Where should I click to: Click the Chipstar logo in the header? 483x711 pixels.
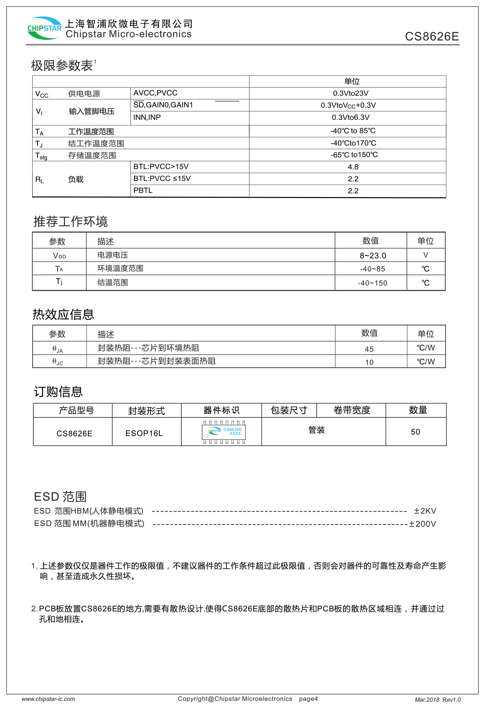coord(44,28)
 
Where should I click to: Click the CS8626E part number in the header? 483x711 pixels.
coord(431,37)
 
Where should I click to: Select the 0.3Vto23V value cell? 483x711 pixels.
coord(351,93)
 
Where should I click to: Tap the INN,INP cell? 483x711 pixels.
coord(147,117)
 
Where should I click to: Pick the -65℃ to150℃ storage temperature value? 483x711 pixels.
coord(354,155)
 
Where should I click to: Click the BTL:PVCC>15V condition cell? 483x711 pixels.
coord(161,166)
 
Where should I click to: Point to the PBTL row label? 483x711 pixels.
coord(143,191)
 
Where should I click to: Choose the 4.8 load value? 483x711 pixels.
coord(353,167)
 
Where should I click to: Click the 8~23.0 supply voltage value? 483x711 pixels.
coord(373,256)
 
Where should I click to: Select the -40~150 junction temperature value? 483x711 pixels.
coord(372,283)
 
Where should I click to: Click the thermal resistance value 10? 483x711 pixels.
coord(369,362)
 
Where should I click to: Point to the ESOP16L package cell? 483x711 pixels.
coord(144,434)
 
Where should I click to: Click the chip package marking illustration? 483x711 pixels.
coord(224,432)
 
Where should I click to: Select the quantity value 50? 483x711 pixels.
coord(415,432)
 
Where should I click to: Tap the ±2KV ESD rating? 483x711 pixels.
coord(425,511)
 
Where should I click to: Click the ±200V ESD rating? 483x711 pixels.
coord(423,524)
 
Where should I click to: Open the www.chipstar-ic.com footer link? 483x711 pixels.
coord(48,699)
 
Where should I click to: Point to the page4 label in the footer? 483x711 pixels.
coord(308,699)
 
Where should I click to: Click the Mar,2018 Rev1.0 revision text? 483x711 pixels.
coord(438,700)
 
